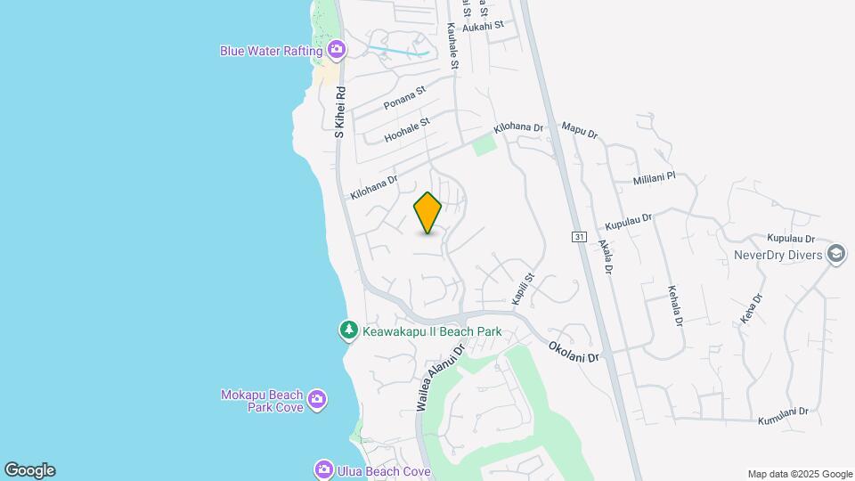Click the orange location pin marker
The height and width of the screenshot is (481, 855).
[x=428, y=213]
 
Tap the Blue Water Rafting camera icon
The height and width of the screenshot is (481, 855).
[x=337, y=50]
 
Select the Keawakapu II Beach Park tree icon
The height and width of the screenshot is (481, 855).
[x=349, y=331]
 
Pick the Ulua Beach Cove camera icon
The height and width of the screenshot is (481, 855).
[x=324, y=469]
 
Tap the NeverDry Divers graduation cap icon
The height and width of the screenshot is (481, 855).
[x=835, y=255]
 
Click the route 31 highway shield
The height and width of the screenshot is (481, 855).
[x=579, y=236]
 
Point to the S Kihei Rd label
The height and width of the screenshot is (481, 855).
[x=339, y=111]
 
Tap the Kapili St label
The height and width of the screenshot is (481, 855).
[x=521, y=286]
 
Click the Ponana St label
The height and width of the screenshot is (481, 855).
[x=405, y=98]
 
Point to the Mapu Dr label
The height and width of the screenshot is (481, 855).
[x=580, y=131]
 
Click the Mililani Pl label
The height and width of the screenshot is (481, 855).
[x=655, y=178]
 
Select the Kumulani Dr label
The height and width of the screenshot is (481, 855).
[x=783, y=413]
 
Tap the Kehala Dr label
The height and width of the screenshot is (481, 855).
[x=674, y=306]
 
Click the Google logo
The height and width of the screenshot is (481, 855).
[x=29, y=470]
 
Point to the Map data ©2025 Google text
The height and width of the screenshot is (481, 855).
[x=800, y=474]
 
